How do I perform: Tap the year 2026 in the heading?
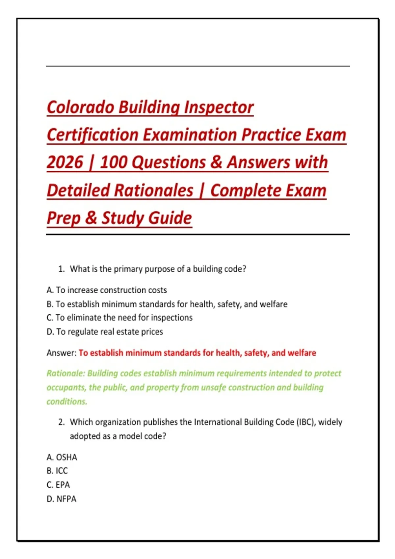(65, 162)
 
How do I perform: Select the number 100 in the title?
(114, 162)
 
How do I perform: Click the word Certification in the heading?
(92, 135)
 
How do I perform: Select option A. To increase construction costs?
(107, 290)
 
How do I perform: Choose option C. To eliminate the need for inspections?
(119, 317)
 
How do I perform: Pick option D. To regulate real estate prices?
(105, 332)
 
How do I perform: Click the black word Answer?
(62, 353)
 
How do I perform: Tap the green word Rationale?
(66, 373)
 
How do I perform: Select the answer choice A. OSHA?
(62, 457)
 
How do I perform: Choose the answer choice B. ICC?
(57, 471)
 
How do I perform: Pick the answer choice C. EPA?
(58, 485)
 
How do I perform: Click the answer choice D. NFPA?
(61, 499)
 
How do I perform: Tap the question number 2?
(61, 422)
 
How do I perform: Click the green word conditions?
(67, 401)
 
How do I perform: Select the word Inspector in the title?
(219, 107)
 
